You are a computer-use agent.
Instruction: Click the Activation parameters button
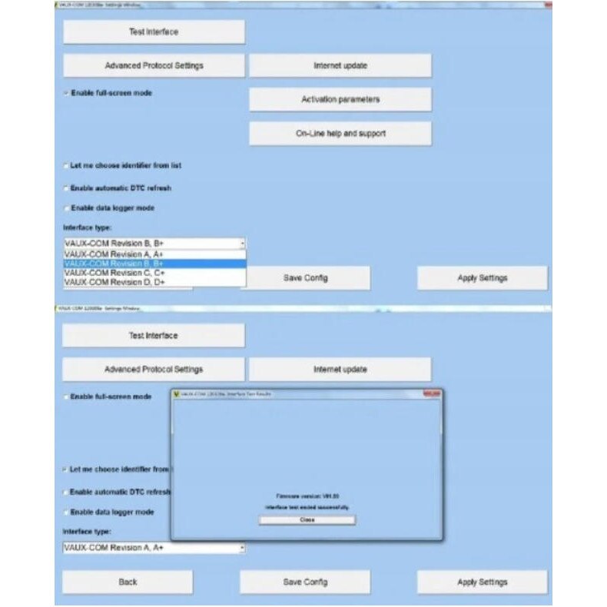click(340, 99)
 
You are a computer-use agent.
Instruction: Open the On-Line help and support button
click(340, 133)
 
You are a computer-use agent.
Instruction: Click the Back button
click(128, 582)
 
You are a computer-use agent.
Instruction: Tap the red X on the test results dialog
click(432, 393)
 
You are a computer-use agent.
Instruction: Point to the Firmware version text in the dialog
click(307, 496)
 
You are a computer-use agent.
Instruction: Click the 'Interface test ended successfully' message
click(307, 508)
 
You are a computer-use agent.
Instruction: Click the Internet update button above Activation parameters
click(340, 66)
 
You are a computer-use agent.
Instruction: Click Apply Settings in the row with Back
click(482, 582)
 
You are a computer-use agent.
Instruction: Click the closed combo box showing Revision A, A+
click(154, 548)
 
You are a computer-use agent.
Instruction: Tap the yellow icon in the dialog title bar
click(177, 393)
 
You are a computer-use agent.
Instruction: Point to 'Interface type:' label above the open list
click(87, 227)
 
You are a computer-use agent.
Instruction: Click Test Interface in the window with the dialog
click(153, 335)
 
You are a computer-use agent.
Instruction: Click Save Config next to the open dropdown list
click(305, 278)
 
